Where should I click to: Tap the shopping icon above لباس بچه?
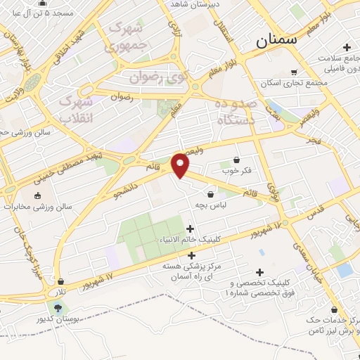tap(210, 193)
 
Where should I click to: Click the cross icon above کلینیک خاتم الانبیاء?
tap(190, 229)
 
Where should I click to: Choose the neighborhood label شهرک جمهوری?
tap(126, 38)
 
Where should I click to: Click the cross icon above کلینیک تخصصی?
tap(261, 272)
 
